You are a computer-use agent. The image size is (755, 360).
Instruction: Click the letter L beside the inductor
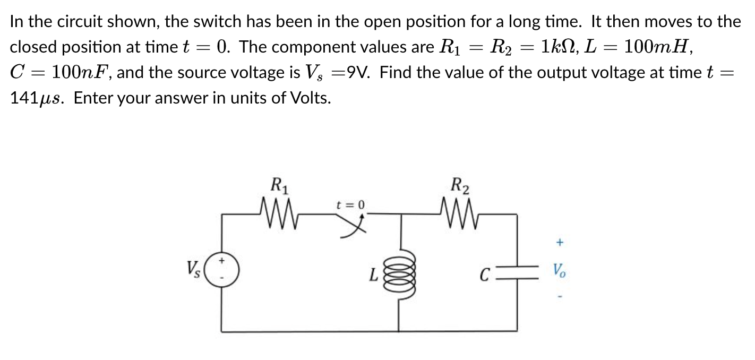[374, 275]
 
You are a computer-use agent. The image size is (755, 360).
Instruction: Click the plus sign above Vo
[559, 243]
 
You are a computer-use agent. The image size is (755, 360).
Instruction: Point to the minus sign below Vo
[559, 296]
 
